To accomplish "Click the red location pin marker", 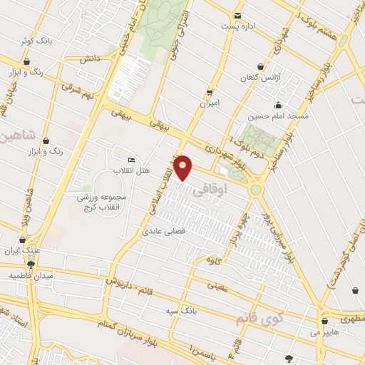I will coord(184,167).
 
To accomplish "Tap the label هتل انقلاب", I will coord(129,171).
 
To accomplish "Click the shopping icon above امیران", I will coord(209,92).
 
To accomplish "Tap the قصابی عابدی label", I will coord(163,232).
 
